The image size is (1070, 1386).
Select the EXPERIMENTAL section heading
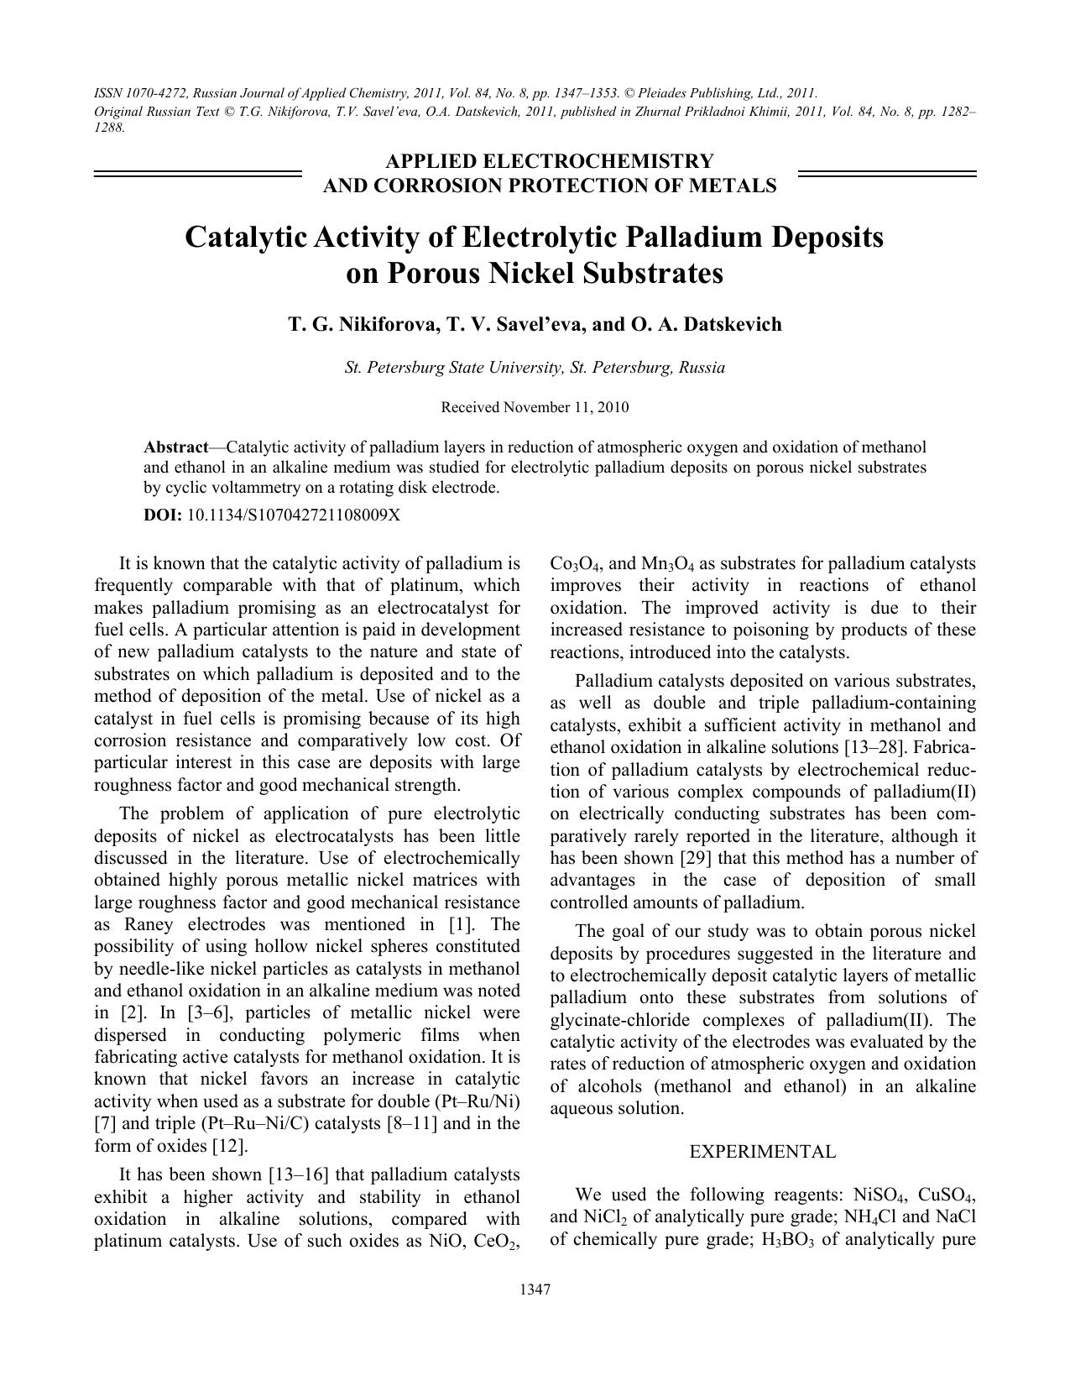click(x=762, y=1152)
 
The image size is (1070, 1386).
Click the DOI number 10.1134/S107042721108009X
click(x=293, y=515)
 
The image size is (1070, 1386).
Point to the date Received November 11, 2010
click(x=535, y=408)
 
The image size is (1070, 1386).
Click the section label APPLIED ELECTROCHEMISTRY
click(x=549, y=161)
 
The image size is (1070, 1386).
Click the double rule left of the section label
click(x=197, y=174)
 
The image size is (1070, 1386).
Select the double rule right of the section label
click(x=887, y=174)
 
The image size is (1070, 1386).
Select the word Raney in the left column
click(x=149, y=924)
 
